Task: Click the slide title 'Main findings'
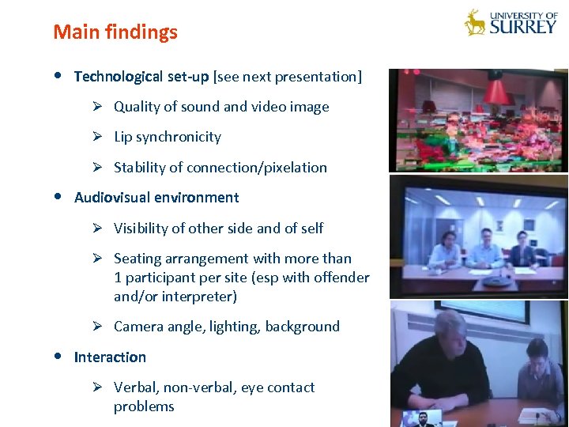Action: tap(115, 32)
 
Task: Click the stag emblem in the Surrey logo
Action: tap(475, 22)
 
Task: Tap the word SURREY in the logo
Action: tap(522, 27)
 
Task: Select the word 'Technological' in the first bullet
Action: tap(118, 77)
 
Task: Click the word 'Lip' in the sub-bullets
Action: tap(122, 137)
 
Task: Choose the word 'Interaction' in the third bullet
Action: tap(110, 357)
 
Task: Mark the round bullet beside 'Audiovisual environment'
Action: tap(60, 197)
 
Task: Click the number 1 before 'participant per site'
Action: tap(118, 278)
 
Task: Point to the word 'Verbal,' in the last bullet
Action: tap(138, 387)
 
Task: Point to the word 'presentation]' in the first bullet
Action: tap(318, 77)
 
